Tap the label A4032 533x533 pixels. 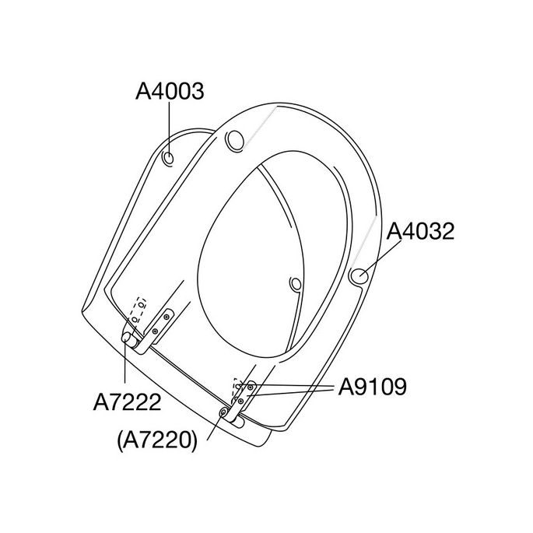(x=420, y=231)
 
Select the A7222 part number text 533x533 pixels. (x=127, y=403)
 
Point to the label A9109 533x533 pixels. (x=372, y=387)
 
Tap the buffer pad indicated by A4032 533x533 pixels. (x=360, y=275)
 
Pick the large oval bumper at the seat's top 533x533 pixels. (x=233, y=141)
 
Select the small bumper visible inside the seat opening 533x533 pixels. (x=294, y=285)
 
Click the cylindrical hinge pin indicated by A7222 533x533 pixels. (x=127, y=338)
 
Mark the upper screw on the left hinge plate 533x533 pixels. (x=166, y=317)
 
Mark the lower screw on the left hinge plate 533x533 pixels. (x=155, y=331)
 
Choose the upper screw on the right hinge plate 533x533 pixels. (x=251, y=387)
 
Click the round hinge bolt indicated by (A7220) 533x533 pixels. (x=224, y=410)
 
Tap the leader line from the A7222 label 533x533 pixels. (x=126, y=366)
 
